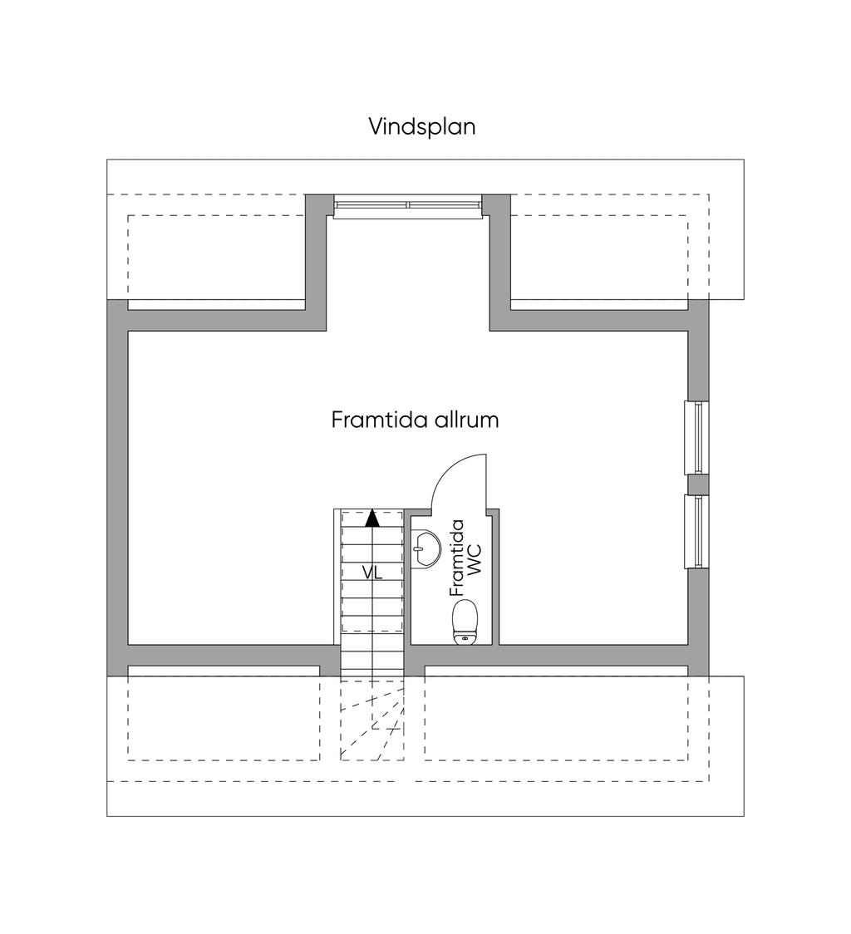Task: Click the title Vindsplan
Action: (422, 126)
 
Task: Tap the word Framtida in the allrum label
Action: (379, 420)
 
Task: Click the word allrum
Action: (466, 420)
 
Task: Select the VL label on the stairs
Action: (371, 572)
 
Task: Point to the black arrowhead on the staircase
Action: (371, 519)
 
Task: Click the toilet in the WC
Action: (465, 621)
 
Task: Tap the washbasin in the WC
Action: (426, 548)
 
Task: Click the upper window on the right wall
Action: (696, 437)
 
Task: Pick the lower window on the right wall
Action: (696, 532)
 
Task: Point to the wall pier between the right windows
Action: (697, 484)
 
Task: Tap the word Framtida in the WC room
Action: (456, 557)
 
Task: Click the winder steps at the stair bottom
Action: (371, 719)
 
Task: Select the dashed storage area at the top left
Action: (217, 256)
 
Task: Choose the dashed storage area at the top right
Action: (598, 256)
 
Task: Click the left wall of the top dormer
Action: (315, 258)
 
